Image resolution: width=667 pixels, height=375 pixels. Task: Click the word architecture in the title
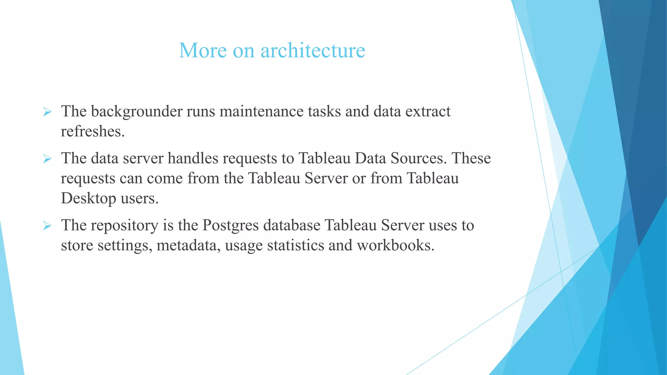pos(313,51)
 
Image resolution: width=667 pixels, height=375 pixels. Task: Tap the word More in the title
pos(203,51)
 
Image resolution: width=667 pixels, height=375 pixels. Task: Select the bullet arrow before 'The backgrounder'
pos(47,112)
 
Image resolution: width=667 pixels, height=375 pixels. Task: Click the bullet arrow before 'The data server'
pos(47,159)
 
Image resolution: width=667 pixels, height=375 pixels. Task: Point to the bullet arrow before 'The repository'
pos(47,226)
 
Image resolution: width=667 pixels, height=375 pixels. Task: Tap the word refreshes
pos(92,132)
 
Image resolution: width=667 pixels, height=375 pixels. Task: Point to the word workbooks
pos(396,245)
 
